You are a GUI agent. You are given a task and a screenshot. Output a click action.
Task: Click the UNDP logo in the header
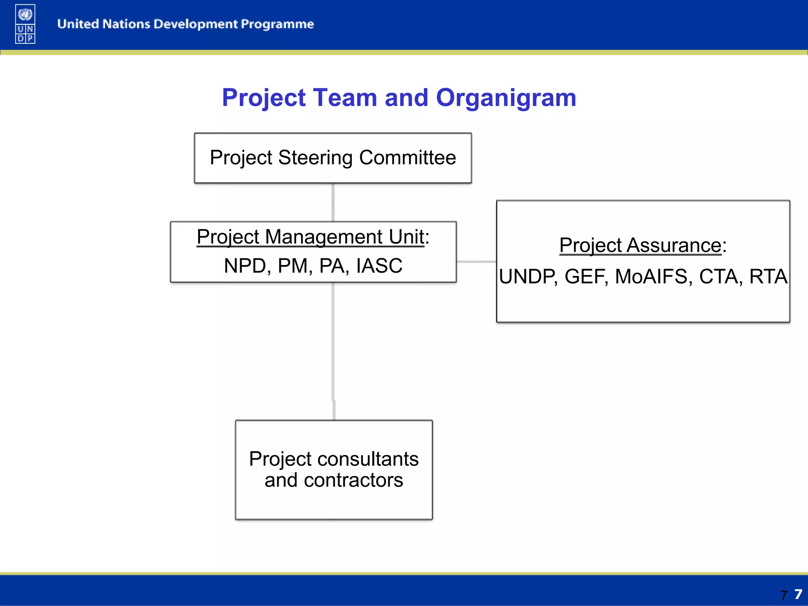tap(25, 24)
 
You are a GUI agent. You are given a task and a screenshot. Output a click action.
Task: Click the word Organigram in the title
tap(506, 98)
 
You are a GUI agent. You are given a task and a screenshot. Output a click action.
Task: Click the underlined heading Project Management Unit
tap(310, 237)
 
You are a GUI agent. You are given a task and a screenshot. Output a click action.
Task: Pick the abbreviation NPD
tap(245, 266)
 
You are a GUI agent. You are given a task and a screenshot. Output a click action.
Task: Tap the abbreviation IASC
tap(379, 266)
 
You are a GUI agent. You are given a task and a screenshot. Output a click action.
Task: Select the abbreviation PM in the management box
tap(292, 266)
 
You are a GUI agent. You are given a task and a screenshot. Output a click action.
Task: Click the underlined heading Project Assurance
tap(640, 245)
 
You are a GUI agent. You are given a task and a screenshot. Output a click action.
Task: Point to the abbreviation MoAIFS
tap(651, 277)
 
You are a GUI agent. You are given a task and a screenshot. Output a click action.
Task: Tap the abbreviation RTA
tap(768, 277)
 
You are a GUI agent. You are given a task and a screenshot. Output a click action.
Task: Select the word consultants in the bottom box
tap(367, 459)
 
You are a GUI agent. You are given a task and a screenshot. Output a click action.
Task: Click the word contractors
tap(353, 481)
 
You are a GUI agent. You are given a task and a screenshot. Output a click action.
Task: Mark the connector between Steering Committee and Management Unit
tap(333, 202)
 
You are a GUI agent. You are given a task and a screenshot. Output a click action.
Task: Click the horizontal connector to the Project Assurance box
tap(476, 262)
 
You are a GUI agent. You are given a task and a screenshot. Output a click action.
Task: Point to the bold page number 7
tap(798, 594)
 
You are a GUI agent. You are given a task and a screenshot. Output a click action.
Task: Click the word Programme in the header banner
tap(277, 24)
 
